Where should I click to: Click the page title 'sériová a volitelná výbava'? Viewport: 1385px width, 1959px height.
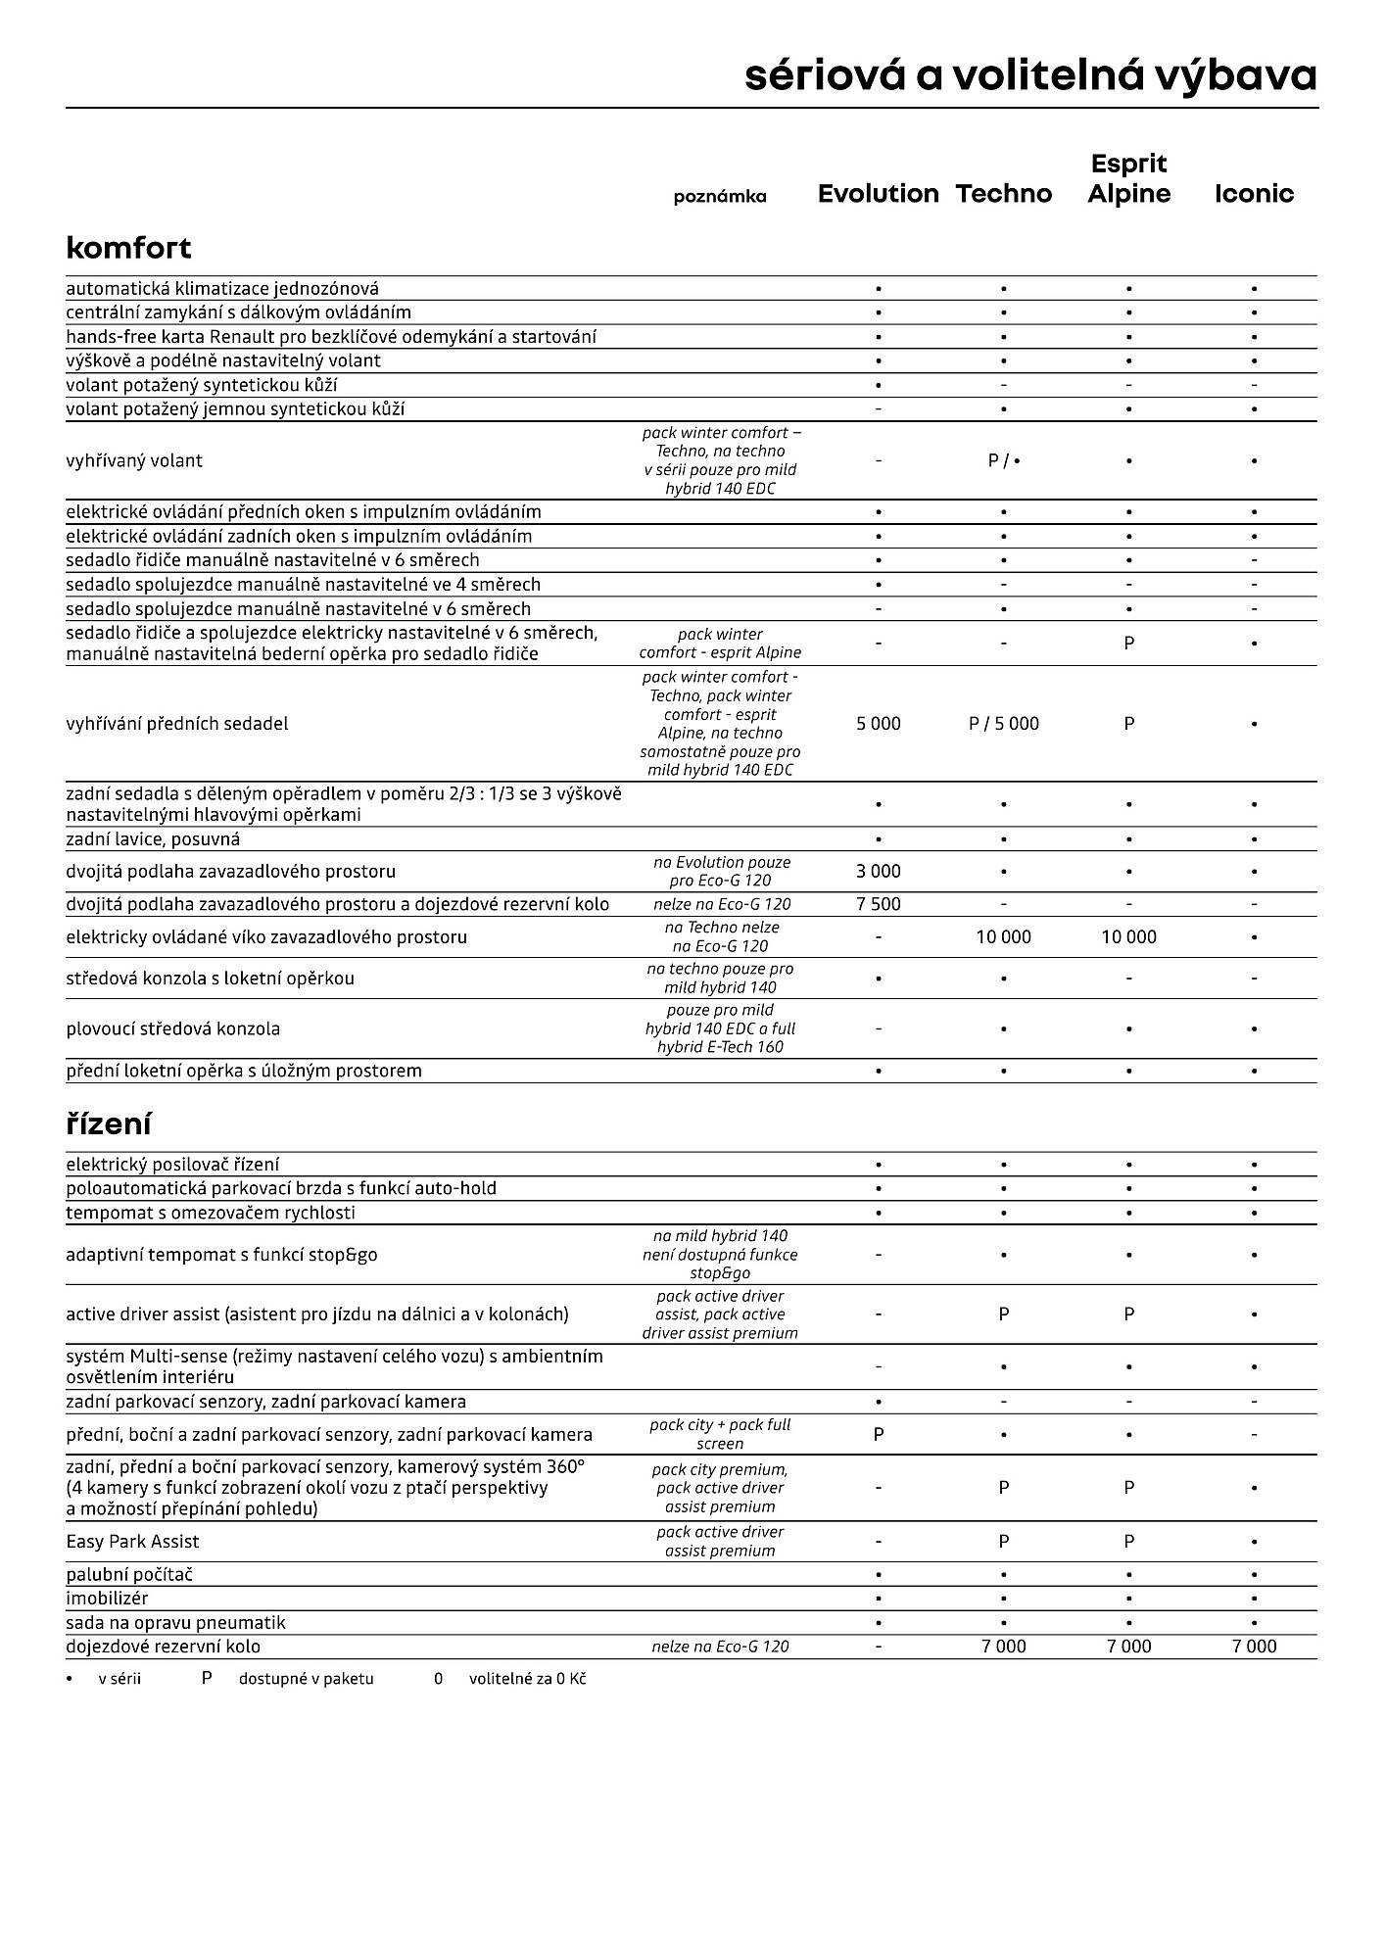click(1030, 75)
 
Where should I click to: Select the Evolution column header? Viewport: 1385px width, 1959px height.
click(878, 194)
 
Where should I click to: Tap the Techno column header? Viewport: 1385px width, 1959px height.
click(1003, 194)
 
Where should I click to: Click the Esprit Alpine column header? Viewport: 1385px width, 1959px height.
click(1128, 178)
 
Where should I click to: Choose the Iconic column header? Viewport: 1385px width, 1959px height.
click(1254, 194)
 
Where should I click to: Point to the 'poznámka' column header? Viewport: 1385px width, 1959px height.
click(720, 197)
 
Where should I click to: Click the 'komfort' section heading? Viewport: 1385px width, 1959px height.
click(128, 248)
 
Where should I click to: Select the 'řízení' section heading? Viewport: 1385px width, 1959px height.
click(108, 1123)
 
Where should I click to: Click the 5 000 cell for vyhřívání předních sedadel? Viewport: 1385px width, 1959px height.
click(878, 724)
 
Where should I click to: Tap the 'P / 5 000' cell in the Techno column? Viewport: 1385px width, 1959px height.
click(1003, 724)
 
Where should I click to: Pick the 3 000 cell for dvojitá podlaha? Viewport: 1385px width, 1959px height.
click(878, 871)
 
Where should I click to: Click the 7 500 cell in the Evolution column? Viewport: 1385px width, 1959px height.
click(878, 904)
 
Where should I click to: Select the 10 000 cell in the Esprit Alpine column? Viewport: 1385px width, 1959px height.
click(1128, 937)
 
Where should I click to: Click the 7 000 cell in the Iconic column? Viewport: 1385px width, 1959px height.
click(1254, 1647)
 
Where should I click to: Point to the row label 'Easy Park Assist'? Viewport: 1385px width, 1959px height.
click(132, 1542)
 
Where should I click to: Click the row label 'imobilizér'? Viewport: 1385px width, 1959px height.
click(107, 1599)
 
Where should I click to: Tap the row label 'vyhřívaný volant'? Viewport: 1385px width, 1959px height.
click(134, 461)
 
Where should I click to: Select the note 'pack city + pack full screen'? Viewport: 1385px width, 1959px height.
click(720, 1434)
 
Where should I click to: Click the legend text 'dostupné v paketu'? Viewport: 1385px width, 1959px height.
click(306, 1679)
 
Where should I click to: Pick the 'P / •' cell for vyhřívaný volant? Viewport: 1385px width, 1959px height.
click(1003, 461)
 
